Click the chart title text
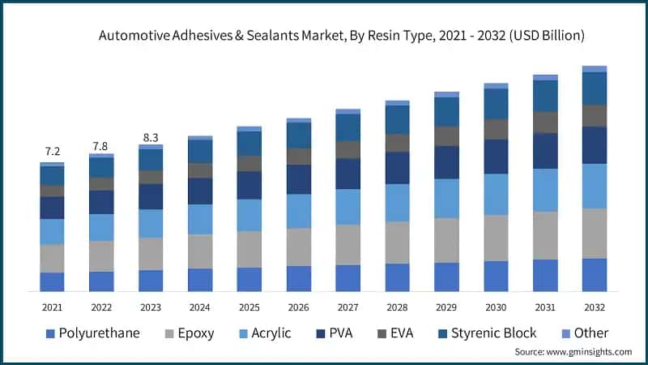pyautogui.click(x=341, y=36)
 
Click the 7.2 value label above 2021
pyautogui.click(x=53, y=152)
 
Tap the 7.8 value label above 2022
pyautogui.click(x=101, y=145)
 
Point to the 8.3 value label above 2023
pyautogui.click(x=151, y=138)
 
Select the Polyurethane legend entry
pyautogui.click(x=92, y=333)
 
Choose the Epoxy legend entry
pyautogui.click(x=190, y=333)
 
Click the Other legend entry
pyautogui.click(x=590, y=333)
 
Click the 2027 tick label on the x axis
pyautogui.click(x=347, y=307)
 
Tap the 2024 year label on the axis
pyautogui.click(x=200, y=307)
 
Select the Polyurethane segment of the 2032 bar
pyautogui.click(x=595, y=275)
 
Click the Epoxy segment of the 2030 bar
pyautogui.click(x=496, y=238)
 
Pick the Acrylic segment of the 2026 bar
pyautogui.click(x=299, y=211)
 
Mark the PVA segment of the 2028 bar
pyautogui.click(x=397, y=168)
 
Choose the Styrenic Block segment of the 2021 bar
pyautogui.click(x=53, y=175)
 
